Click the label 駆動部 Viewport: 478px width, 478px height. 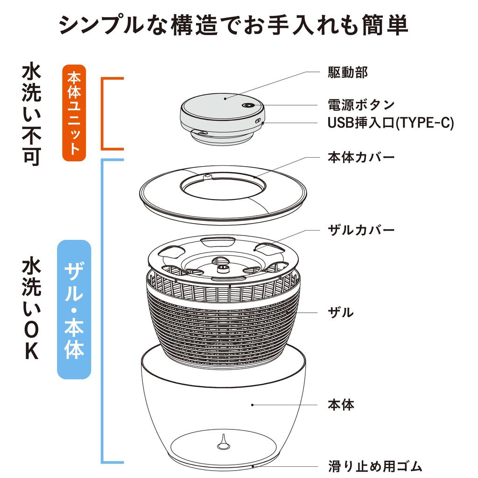[347, 73]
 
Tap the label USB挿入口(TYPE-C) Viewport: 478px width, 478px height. [390, 123]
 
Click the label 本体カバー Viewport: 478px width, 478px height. [361, 156]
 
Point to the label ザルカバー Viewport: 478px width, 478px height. [361, 230]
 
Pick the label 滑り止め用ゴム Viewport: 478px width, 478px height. [375, 466]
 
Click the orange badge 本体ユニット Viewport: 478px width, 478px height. [74, 112]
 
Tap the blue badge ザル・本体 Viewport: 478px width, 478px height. [74, 309]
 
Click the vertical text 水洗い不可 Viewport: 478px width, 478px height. [32, 115]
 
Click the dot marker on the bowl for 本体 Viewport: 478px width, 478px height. [252, 405]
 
